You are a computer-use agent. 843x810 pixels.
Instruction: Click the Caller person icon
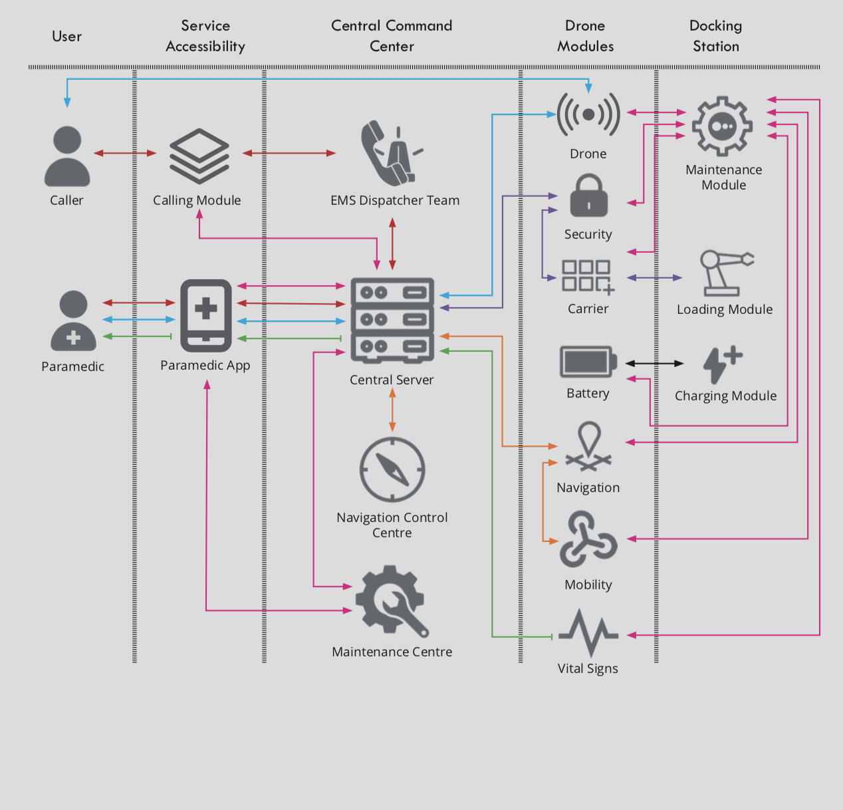[x=67, y=156]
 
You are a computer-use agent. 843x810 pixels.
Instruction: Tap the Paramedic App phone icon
[x=206, y=315]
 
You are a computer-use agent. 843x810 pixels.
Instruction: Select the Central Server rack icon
[x=392, y=320]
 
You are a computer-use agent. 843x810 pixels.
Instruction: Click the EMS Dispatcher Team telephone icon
[x=389, y=154]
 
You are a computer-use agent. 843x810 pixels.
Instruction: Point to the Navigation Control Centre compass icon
[x=392, y=470]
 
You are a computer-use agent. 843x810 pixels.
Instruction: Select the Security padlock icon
[x=589, y=196]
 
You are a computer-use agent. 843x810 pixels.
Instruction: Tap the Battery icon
[x=588, y=362]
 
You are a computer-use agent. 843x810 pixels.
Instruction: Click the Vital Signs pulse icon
[x=588, y=633]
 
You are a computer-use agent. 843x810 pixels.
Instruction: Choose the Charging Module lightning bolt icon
[x=722, y=364]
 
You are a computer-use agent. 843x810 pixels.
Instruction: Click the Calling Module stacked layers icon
[x=199, y=156]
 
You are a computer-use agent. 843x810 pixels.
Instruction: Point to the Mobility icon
[x=588, y=539]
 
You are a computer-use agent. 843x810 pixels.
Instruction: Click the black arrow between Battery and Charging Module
[x=654, y=364]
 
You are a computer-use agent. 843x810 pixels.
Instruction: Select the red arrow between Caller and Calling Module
[x=125, y=153]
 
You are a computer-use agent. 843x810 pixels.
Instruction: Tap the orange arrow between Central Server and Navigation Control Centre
[x=392, y=410]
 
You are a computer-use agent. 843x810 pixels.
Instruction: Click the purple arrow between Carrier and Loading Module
[x=654, y=277]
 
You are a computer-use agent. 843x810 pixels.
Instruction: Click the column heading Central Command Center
[x=392, y=36]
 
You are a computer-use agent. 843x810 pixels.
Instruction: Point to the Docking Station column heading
[x=715, y=36]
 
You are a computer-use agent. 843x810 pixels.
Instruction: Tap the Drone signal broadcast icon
[x=588, y=114]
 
